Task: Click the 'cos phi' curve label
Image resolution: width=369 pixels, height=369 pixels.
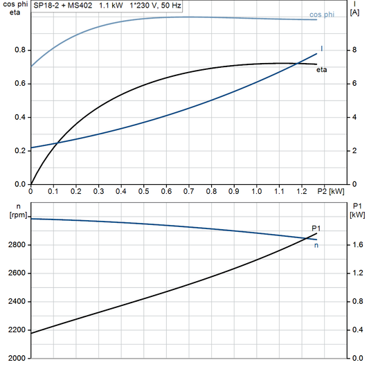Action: (325, 15)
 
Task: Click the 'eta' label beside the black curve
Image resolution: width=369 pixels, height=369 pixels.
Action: (322, 70)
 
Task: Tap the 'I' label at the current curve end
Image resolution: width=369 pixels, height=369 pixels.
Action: (322, 48)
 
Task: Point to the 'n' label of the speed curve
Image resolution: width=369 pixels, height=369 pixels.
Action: (317, 244)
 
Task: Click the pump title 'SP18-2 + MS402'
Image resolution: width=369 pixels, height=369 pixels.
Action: (63, 5)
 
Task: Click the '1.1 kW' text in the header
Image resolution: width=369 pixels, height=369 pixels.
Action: (111, 5)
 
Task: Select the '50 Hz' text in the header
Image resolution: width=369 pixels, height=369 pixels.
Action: (171, 5)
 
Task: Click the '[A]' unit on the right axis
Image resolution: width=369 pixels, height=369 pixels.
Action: (355, 13)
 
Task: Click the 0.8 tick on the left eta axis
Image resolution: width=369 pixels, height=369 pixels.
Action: (19, 51)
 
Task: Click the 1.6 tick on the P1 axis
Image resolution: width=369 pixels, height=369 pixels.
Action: (356, 245)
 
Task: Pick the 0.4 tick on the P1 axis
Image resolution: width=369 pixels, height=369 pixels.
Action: (356, 330)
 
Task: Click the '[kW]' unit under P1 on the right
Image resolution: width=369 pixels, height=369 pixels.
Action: (357, 215)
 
